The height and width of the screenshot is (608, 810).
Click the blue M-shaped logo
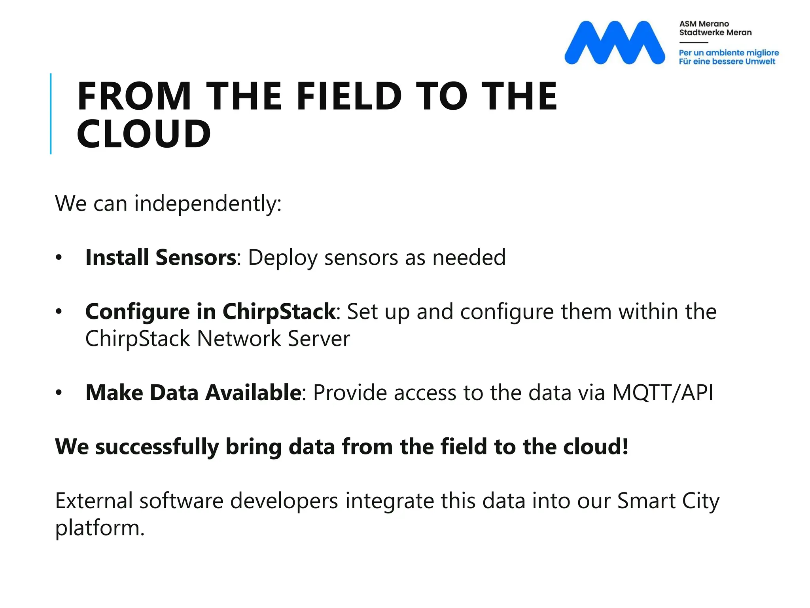coord(614,43)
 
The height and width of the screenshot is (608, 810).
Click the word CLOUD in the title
coord(144,134)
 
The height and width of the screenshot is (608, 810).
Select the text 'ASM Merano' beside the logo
coord(704,24)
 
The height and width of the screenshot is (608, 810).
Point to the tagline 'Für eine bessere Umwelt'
coord(727,61)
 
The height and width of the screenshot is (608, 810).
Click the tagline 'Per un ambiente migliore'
coord(729,53)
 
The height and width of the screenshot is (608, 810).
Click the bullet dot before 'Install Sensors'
coord(59,258)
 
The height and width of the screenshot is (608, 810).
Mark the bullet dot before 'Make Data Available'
coord(59,393)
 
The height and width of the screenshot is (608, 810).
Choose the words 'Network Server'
coord(273,338)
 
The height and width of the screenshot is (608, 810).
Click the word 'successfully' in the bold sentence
coord(157,446)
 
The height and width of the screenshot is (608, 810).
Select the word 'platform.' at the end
coord(100,528)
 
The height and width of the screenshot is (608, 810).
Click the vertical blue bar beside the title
coord(51,114)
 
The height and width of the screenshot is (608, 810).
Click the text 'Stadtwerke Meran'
coord(715,32)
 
